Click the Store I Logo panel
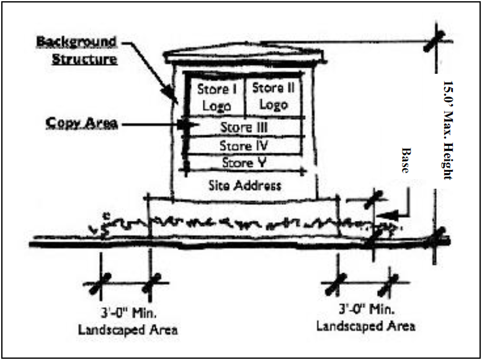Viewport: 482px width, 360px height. click(x=213, y=97)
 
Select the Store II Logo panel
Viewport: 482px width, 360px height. click(x=274, y=96)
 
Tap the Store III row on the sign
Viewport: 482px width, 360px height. click(x=244, y=127)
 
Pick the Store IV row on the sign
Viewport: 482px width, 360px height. click(x=244, y=146)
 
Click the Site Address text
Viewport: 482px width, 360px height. click(x=244, y=185)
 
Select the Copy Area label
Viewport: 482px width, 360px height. click(x=81, y=122)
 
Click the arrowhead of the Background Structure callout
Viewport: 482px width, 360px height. click(x=174, y=96)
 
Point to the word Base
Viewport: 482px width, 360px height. click(x=406, y=160)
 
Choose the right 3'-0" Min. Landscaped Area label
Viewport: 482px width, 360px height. click(x=365, y=317)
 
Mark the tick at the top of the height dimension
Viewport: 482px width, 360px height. click(x=432, y=42)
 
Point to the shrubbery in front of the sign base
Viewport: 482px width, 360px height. click(x=242, y=223)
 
